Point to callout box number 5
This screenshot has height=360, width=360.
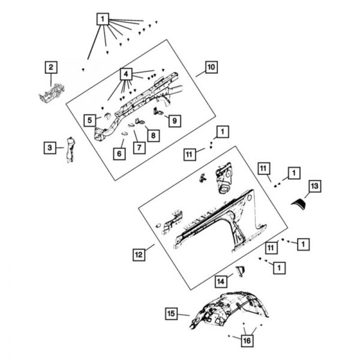click(x=89, y=121)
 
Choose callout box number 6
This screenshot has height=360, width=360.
click(x=119, y=154)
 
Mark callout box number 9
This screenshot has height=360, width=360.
click(x=174, y=121)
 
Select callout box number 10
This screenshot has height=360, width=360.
click(x=209, y=67)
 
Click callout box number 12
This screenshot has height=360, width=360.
click(x=139, y=255)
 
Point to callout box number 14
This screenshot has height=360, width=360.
click(x=221, y=280)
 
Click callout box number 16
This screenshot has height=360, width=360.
click(x=245, y=341)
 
